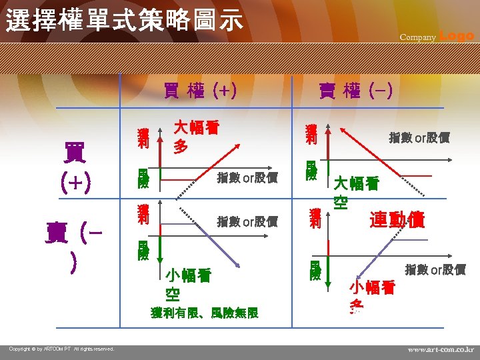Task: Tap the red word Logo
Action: (x=457, y=36)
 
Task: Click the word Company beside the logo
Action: (x=418, y=37)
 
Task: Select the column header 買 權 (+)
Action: (x=201, y=91)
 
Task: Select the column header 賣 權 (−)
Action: (x=356, y=91)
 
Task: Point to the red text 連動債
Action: (x=397, y=220)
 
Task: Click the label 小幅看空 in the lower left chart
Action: (x=187, y=284)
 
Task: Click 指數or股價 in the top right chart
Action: (x=419, y=138)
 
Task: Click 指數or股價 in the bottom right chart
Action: (x=435, y=269)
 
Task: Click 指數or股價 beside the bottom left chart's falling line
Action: (x=247, y=221)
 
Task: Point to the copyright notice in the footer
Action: (x=62, y=349)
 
